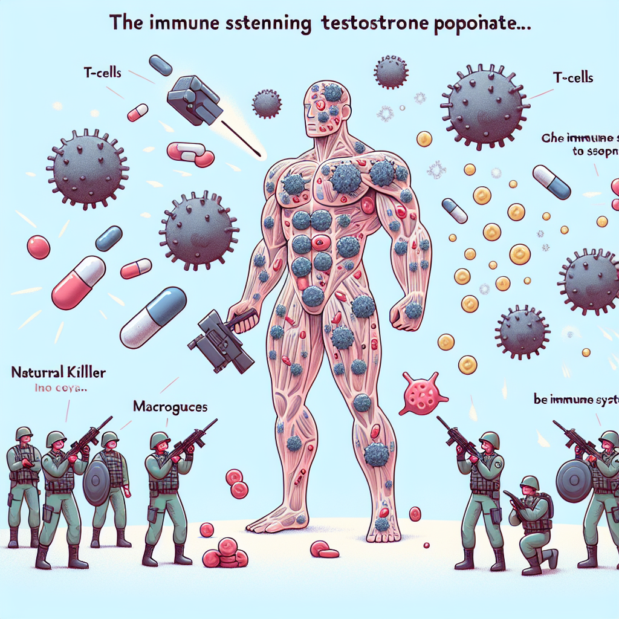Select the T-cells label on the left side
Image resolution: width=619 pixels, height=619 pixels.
click(x=102, y=73)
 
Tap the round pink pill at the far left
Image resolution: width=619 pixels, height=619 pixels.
click(x=37, y=247)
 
